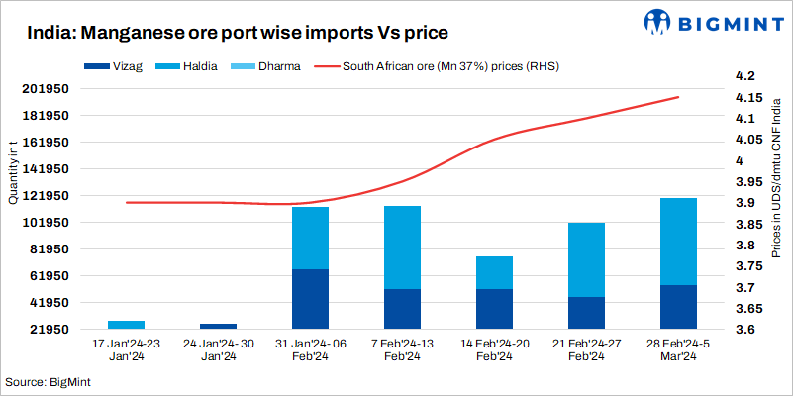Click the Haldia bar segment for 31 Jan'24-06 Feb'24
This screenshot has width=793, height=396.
(x=310, y=238)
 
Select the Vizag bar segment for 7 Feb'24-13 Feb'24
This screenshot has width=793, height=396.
(x=402, y=308)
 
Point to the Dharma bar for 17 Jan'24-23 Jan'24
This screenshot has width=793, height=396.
(x=126, y=324)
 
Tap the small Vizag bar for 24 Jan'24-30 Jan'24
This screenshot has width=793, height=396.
(x=218, y=326)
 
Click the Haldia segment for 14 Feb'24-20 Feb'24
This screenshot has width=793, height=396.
(x=494, y=272)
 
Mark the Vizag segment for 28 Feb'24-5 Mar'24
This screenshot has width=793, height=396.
(x=678, y=306)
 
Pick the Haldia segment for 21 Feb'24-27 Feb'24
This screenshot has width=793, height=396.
(x=586, y=259)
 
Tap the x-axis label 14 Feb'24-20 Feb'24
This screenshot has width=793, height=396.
(x=494, y=349)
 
